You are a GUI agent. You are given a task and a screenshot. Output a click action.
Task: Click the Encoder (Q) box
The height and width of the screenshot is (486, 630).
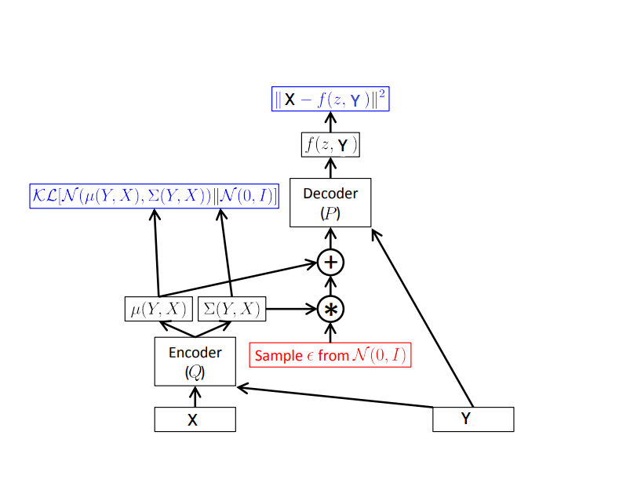(x=195, y=361)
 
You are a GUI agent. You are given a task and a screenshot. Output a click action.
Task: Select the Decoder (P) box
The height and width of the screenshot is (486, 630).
(x=330, y=203)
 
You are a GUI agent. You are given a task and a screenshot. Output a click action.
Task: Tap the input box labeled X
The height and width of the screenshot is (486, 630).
(x=195, y=419)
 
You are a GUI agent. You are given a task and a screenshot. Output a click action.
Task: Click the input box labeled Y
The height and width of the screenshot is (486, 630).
(x=473, y=419)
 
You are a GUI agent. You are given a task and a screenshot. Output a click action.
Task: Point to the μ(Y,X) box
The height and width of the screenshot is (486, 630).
(x=158, y=309)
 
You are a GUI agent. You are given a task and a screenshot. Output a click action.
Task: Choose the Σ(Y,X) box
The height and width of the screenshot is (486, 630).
(x=231, y=309)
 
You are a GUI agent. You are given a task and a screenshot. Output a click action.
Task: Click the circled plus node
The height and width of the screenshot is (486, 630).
(x=331, y=262)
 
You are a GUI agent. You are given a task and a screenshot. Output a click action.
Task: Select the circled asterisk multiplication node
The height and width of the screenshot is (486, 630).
(x=331, y=309)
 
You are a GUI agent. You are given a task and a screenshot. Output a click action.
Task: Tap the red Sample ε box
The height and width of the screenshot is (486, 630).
(x=330, y=355)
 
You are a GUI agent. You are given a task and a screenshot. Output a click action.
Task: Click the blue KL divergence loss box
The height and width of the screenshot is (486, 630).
(x=154, y=196)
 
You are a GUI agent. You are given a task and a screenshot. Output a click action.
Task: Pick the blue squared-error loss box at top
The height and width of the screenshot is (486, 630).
(x=330, y=100)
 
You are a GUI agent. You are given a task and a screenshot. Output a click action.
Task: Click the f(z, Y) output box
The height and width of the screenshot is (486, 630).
(x=330, y=145)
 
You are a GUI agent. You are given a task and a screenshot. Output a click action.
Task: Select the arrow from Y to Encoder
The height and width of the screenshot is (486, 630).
(x=337, y=397)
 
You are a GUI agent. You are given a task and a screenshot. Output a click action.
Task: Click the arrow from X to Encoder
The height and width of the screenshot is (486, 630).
(x=195, y=397)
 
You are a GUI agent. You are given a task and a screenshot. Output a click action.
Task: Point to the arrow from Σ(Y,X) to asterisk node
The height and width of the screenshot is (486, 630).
(x=290, y=309)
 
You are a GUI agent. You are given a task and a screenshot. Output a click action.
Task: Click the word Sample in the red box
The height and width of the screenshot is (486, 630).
(x=273, y=356)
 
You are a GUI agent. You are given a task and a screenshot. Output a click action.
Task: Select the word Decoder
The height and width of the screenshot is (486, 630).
(x=330, y=194)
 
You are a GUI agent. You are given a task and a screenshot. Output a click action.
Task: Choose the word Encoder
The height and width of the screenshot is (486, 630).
(x=195, y=353)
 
